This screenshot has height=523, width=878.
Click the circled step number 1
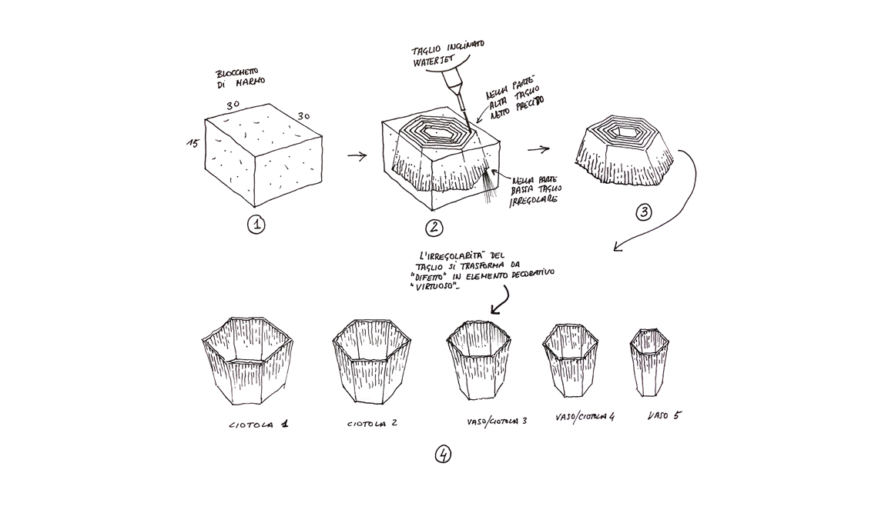coord(256,225)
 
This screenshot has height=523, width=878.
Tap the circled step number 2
coord(434,227)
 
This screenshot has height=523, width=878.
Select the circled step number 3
coord(643,212)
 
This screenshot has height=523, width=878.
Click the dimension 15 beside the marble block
coord(192,144)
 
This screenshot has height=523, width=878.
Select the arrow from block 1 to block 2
coord(357,156)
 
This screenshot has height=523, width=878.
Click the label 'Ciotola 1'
coord(263,424)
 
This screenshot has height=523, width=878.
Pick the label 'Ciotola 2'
coord(372,423)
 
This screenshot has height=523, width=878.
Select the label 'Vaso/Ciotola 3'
coord(496,421)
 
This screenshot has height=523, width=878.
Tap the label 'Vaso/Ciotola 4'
coord(585,418)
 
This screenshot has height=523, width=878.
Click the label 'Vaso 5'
coord(664,415)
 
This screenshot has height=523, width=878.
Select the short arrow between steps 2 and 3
coord(538,150)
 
